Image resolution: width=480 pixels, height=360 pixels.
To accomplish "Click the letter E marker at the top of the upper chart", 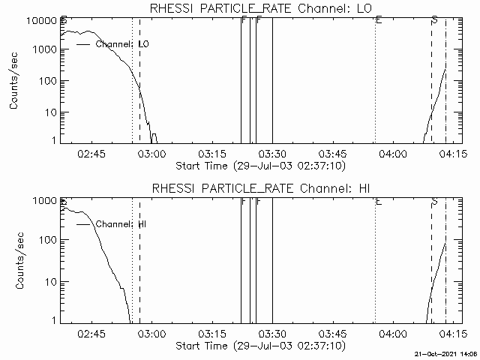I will pyautogui.click(x=379, y=19).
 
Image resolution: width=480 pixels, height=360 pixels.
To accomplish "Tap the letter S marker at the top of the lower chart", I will pyautogui.click(x=434, y=201).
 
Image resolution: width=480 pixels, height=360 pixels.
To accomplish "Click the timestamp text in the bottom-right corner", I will pyautogui.click(x=446, y=353).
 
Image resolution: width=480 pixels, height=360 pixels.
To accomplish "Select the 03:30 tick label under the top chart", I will pyautogui.click(x=272, y=153).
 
